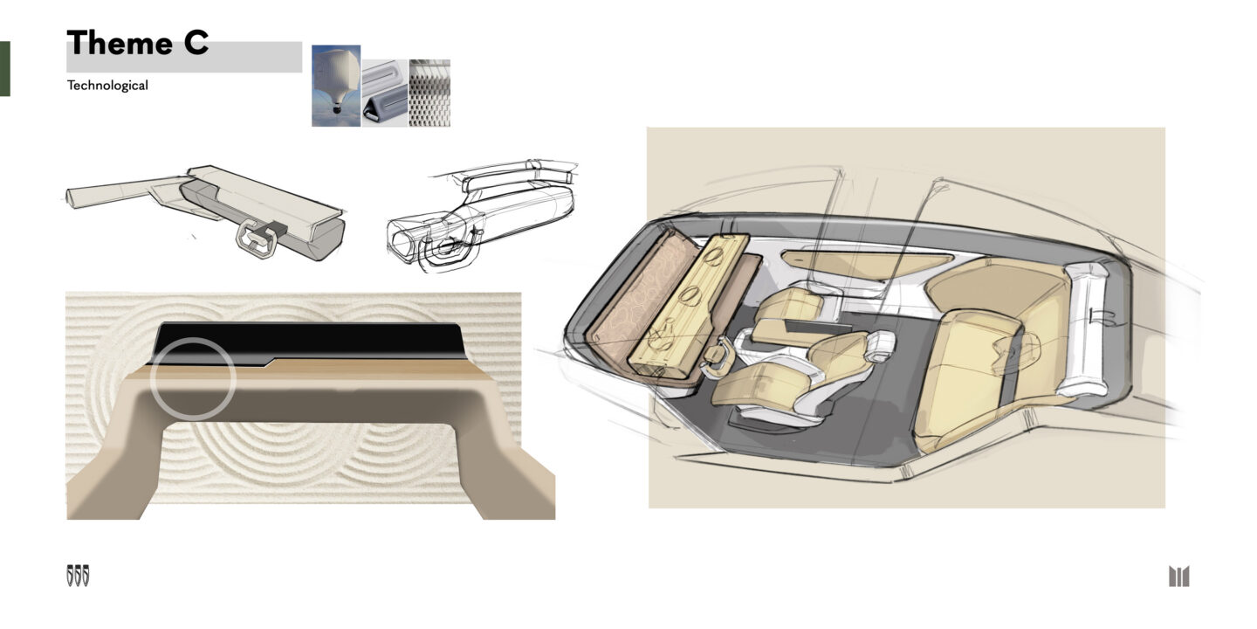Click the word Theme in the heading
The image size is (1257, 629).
(120, 43)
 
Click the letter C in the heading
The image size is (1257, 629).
(196, 43)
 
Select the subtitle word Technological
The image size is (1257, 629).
(107, 86)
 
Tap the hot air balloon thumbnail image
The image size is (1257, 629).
(336, 86)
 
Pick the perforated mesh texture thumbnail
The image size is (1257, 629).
(429, 93)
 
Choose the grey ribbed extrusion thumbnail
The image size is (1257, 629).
(385, 93)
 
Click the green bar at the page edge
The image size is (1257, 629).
(5, 68)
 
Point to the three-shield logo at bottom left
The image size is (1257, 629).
(78, 577)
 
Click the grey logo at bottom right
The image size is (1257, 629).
(1179, 577)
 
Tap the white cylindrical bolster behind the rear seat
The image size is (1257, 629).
(1087, 328)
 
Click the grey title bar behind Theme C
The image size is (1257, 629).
(184, 57)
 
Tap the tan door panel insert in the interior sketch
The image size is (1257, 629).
(864, 263)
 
